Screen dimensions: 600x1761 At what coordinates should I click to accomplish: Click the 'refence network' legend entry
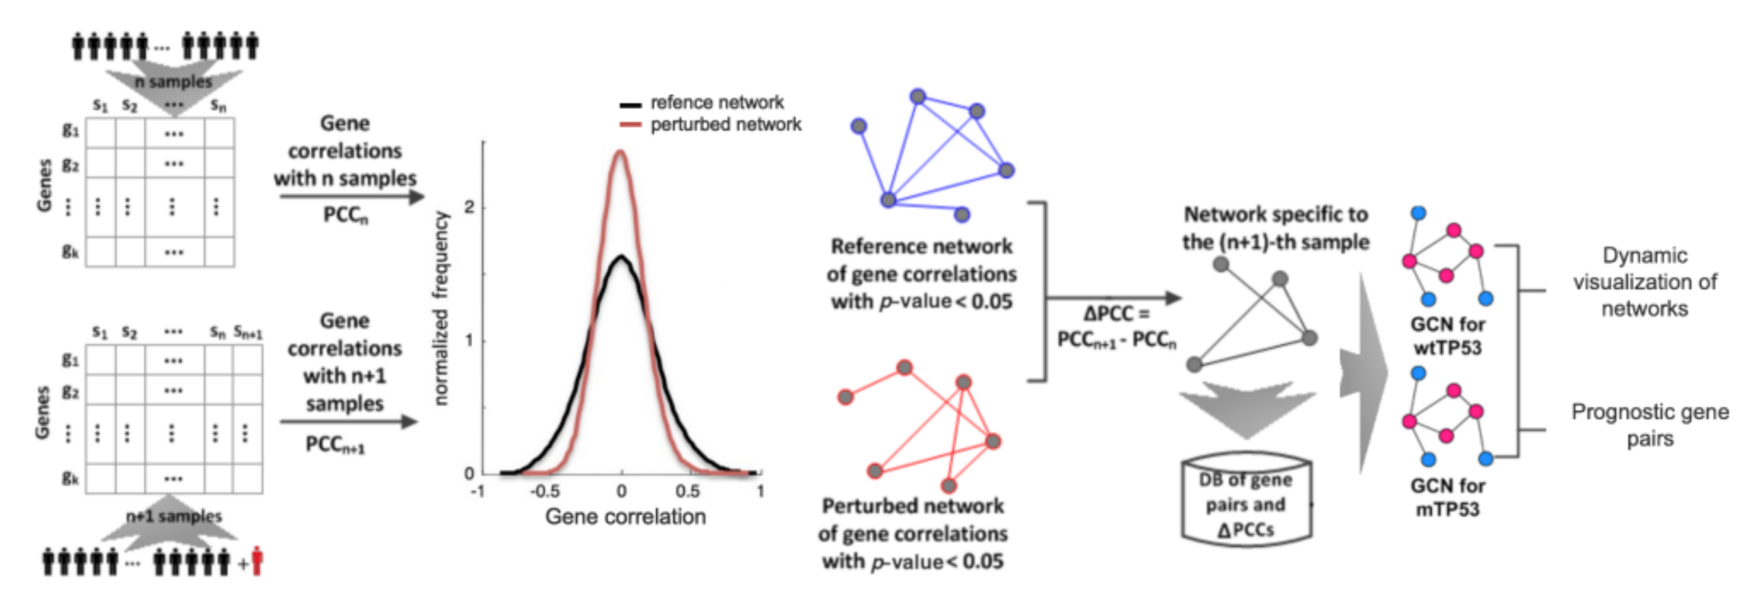716,103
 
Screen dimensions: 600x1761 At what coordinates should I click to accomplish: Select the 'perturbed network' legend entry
725,125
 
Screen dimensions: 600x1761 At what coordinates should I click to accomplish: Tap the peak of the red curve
620,151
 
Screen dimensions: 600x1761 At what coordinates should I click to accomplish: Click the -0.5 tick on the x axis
545,491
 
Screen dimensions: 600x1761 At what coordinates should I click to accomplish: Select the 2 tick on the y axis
469,207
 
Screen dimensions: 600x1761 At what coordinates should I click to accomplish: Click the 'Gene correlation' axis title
625,516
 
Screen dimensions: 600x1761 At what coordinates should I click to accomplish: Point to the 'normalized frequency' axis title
442,308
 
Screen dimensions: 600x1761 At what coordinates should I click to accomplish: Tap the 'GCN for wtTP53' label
1447,336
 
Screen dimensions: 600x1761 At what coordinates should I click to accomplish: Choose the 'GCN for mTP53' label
1447,497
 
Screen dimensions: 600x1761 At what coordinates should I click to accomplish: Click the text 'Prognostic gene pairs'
1650,425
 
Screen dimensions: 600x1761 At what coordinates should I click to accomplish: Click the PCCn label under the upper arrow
345,215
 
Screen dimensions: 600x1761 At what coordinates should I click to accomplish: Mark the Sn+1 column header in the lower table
247,333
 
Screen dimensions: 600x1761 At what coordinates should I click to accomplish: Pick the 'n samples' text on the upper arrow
173,82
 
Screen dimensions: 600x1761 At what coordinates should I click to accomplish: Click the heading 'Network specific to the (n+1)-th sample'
1276,229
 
